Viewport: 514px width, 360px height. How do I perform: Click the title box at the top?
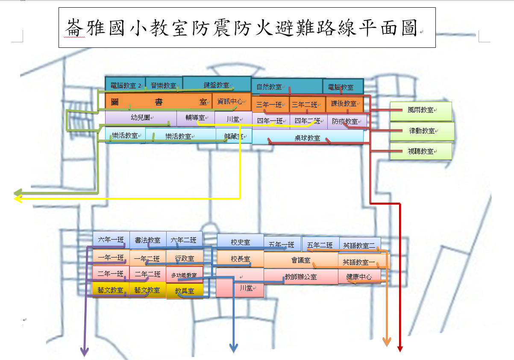(x=247, y=27)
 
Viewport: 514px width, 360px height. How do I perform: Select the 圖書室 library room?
(x=159, y=102)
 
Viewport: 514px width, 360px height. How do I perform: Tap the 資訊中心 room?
(x=230, y=102)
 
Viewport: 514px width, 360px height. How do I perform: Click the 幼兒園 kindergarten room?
(x=141, y=117)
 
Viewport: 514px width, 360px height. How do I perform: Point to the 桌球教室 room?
(x=307, y=138)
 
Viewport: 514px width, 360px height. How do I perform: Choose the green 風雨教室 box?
(x=420, y=110)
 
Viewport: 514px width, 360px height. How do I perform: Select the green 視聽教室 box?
(x=420, y=152)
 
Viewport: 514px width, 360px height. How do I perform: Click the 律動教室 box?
(x=422, y=131)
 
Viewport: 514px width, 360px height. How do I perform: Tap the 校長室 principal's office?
(x=240, y=259)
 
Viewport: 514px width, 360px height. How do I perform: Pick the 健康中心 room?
(x=359, y=277)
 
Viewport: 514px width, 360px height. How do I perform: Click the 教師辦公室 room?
(x=301, y=277)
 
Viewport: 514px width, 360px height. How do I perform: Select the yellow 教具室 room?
(x=185, y=291)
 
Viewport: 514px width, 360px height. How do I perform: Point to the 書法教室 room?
(x=147, y=240)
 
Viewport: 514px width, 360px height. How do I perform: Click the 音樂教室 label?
(x=163, y=85)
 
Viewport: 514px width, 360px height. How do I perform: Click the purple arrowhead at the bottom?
(x=85, y=351)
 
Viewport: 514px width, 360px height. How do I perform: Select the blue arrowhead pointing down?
(x=233, y=348)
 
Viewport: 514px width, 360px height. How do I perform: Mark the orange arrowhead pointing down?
(x=387, y=341)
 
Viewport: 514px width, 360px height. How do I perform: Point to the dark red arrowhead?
(x=400, y=349)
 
